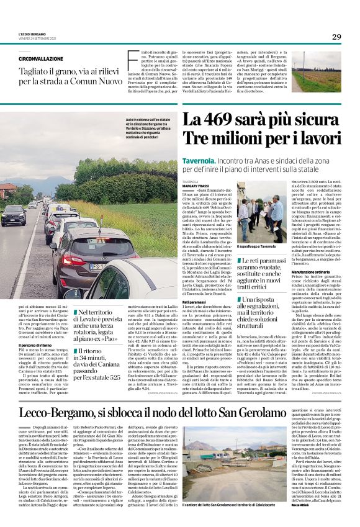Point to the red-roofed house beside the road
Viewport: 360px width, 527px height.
(7, 190)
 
